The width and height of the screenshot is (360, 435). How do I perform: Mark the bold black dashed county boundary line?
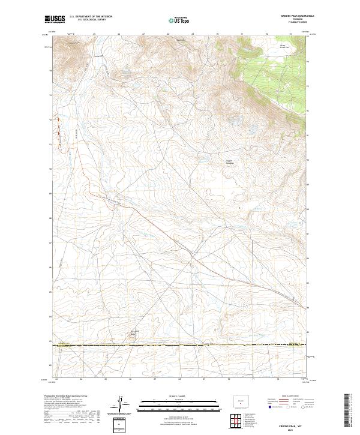tap(180, 345)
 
